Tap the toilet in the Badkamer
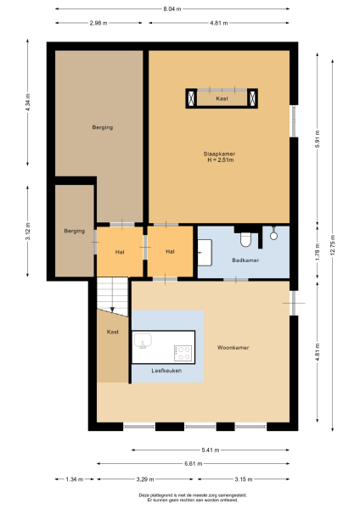(246, 238)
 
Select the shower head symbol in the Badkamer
(274, 237)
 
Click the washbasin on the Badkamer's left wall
(204, 251)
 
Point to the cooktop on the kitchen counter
(183, 350)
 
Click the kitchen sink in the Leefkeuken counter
(143, 341)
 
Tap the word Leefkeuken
(167, 371)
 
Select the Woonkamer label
(231, 348)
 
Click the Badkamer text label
(245, 260)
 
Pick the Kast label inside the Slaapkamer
(222, 99)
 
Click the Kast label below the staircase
(112, 332)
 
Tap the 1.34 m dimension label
(75, 479)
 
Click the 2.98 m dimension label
(98, 24)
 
